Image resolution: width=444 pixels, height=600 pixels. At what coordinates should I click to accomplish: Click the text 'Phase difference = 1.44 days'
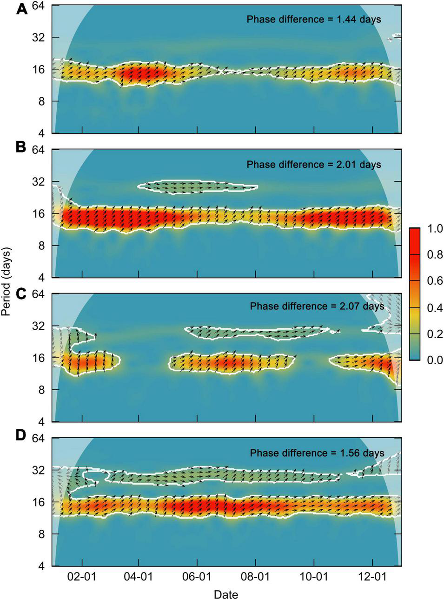[314, 20]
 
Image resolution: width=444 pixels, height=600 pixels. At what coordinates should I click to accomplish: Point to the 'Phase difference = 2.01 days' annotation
[314, 165]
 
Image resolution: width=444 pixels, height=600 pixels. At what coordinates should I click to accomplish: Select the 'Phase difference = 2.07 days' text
[317, 307]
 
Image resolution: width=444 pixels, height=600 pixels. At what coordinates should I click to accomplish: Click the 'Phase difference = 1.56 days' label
[317, 453]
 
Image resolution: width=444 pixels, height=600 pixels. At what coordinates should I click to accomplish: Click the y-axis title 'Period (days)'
[6, 281]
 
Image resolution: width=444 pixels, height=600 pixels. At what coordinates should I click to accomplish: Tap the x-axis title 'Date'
[226, 594]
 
